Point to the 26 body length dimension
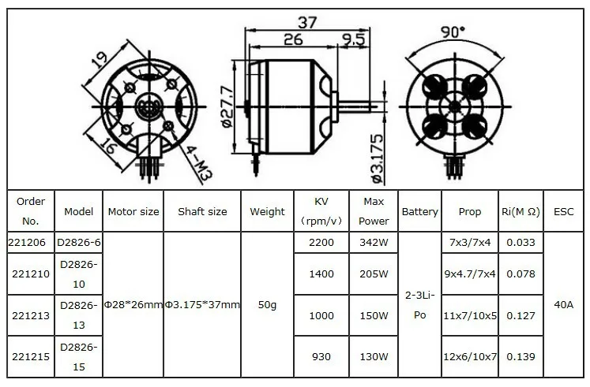(293, 39)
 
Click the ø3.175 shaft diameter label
(377, 158)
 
